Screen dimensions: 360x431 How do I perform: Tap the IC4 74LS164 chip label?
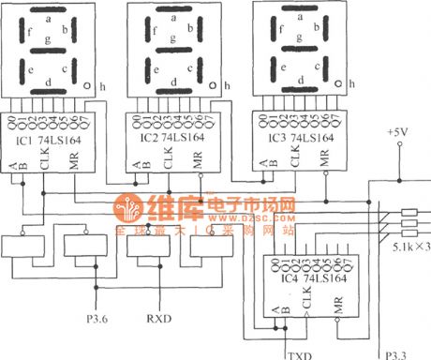[306, 278]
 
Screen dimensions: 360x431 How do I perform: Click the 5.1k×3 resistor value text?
[409, 246]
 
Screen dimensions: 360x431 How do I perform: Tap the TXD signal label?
[297, 354]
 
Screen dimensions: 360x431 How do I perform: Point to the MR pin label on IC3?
[323, 158]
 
